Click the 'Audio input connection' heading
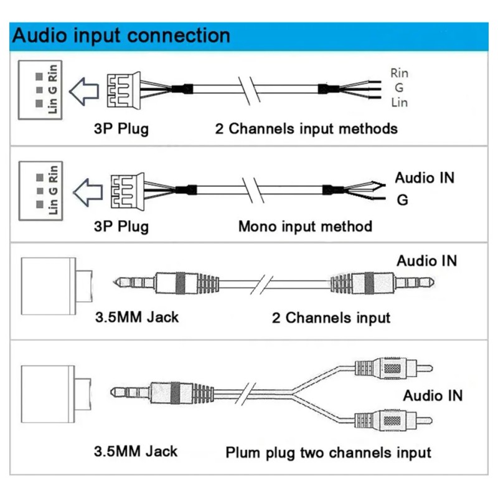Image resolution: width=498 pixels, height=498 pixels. click(x=121, y=35)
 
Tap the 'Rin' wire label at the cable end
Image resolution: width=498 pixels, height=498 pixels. click(x=399, y=73)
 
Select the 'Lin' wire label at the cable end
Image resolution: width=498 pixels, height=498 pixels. click(x=399, y=103)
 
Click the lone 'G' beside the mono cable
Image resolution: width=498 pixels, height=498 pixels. click(x=402, y=200)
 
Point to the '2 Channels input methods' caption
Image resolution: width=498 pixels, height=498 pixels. click(x=306, y=129)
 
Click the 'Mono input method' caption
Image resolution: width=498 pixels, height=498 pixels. click(x=305, y=227)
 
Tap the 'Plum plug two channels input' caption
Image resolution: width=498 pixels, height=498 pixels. click(x=329, y=453)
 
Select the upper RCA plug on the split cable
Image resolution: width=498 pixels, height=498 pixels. click(x=393, y=369)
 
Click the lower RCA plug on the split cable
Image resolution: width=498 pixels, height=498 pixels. click(x=393, y=420)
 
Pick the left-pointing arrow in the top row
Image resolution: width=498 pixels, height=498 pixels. click(x=84, y=92)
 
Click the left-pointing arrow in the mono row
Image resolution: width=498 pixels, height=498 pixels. click(x=88, y=192)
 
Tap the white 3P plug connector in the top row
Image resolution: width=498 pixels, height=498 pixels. click(x=124, y=90)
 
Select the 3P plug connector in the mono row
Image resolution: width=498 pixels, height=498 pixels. click(x=128, y=192)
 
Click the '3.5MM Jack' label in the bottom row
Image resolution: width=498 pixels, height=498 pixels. click(x=136, y=452)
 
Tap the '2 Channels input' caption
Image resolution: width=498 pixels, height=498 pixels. click(x=331, y=317)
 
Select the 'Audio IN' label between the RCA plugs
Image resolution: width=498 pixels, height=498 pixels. click(x=433, y=396)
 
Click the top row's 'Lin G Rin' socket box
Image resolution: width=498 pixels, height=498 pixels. click(x=40, y=90)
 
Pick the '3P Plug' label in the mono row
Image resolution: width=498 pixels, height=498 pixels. click(x=121, y=227)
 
